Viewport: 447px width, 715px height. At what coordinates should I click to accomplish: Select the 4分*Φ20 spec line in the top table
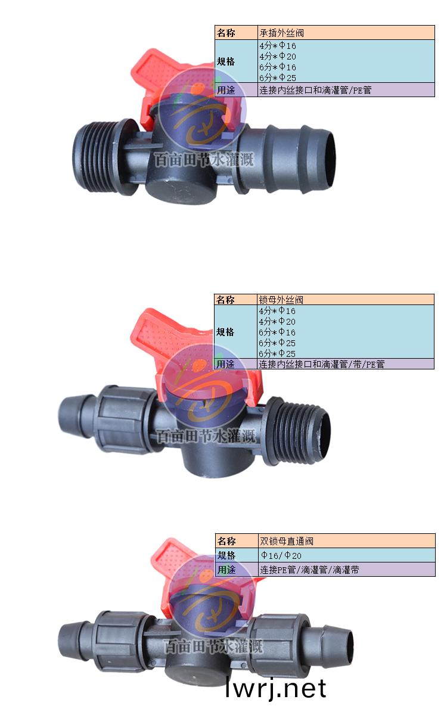point(278,57)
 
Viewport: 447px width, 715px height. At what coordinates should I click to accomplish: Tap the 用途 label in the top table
point(226,90)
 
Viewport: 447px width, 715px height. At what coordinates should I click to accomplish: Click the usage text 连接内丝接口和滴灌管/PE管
point(315,90)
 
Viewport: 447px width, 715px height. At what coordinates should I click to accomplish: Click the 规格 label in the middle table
point(225,332)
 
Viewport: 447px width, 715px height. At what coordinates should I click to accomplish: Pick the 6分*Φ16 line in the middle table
point(277,332)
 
